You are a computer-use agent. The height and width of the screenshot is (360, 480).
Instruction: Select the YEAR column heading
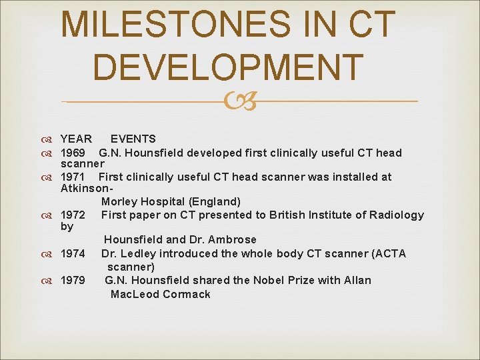(76, 139)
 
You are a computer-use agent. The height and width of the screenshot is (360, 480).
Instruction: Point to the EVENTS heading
(133, 139)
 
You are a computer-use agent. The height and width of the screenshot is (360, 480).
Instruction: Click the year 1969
(73, 153)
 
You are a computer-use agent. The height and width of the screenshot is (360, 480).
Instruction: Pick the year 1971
(73, 177)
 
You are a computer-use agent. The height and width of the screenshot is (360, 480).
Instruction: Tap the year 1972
(73, 215)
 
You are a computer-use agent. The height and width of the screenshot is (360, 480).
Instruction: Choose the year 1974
(73, 254)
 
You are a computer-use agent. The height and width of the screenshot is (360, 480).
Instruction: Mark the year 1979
(73, 281)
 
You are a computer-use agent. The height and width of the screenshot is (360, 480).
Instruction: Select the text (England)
(215, 201)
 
